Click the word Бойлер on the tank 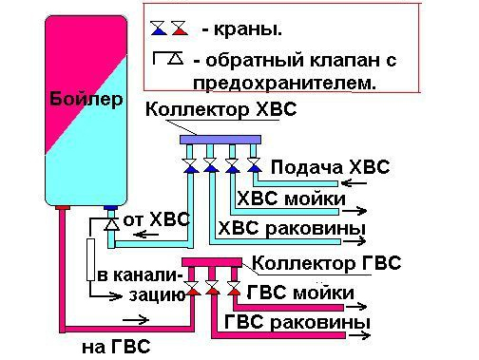click(x=86, y=100)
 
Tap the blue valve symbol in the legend click(x=159, y=28)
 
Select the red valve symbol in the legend click(x=180, y=28)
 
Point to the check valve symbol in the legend click(x=168, y=58)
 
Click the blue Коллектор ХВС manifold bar click(x=220, y=140)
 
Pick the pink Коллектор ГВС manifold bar click(x=212, y=262)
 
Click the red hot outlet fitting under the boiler click(x=63, y=208)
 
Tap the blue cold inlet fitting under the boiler click(x=111, y=208)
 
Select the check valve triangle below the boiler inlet click(x=111, y=224)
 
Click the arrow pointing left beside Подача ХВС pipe click(x=354, y=183)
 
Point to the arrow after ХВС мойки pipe click(x=354, y=211)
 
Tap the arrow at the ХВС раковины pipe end click(x=354, y=241)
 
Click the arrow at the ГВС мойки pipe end click(x=356, y=307)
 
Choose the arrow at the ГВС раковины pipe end click(x=359, y=335)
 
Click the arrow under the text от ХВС click(x=145, y=235)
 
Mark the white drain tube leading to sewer click(x=90, y=259)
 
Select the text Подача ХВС click(x=331, y=167)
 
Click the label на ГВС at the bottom click(x=116, y=347)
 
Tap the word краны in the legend click(x=248, y=30)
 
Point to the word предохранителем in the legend click(x=285, y=84)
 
